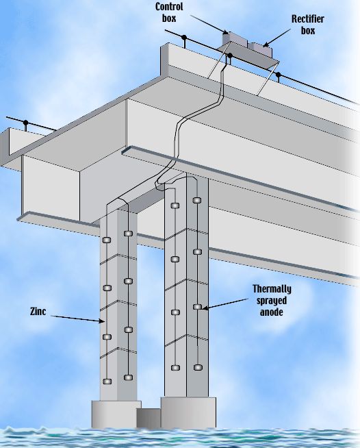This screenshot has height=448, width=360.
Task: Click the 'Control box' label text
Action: pos(169,12)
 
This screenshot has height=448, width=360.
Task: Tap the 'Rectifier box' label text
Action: pos(308,25)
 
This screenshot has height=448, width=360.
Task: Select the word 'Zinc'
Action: pos(38,311)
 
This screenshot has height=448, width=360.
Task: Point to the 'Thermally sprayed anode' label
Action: pos(272,300)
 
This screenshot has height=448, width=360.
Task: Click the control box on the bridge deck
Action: pos(235,39)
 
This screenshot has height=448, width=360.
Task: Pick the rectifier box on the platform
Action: pos(260,49)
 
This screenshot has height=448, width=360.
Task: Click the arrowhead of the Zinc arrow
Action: pos(102,321)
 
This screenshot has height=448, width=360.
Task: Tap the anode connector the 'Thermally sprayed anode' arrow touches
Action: pos(197,307)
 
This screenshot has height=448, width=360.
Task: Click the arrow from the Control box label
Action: pos(209,25)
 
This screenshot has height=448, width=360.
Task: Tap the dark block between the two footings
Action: pos(149,418)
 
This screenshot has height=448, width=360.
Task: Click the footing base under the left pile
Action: pos(116,414)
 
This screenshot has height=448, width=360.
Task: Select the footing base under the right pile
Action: pos(188,412)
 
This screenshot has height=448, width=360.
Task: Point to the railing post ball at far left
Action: pos(26,123)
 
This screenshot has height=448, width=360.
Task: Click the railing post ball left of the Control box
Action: pos(184,37)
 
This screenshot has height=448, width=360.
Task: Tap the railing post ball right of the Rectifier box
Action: pos(278,75)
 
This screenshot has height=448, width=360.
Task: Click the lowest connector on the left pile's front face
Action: pos(107,381)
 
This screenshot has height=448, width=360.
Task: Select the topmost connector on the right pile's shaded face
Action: pos(196,200)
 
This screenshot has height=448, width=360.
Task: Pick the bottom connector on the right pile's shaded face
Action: pos(198,367)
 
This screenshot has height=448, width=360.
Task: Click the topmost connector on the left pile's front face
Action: pos(107,240)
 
